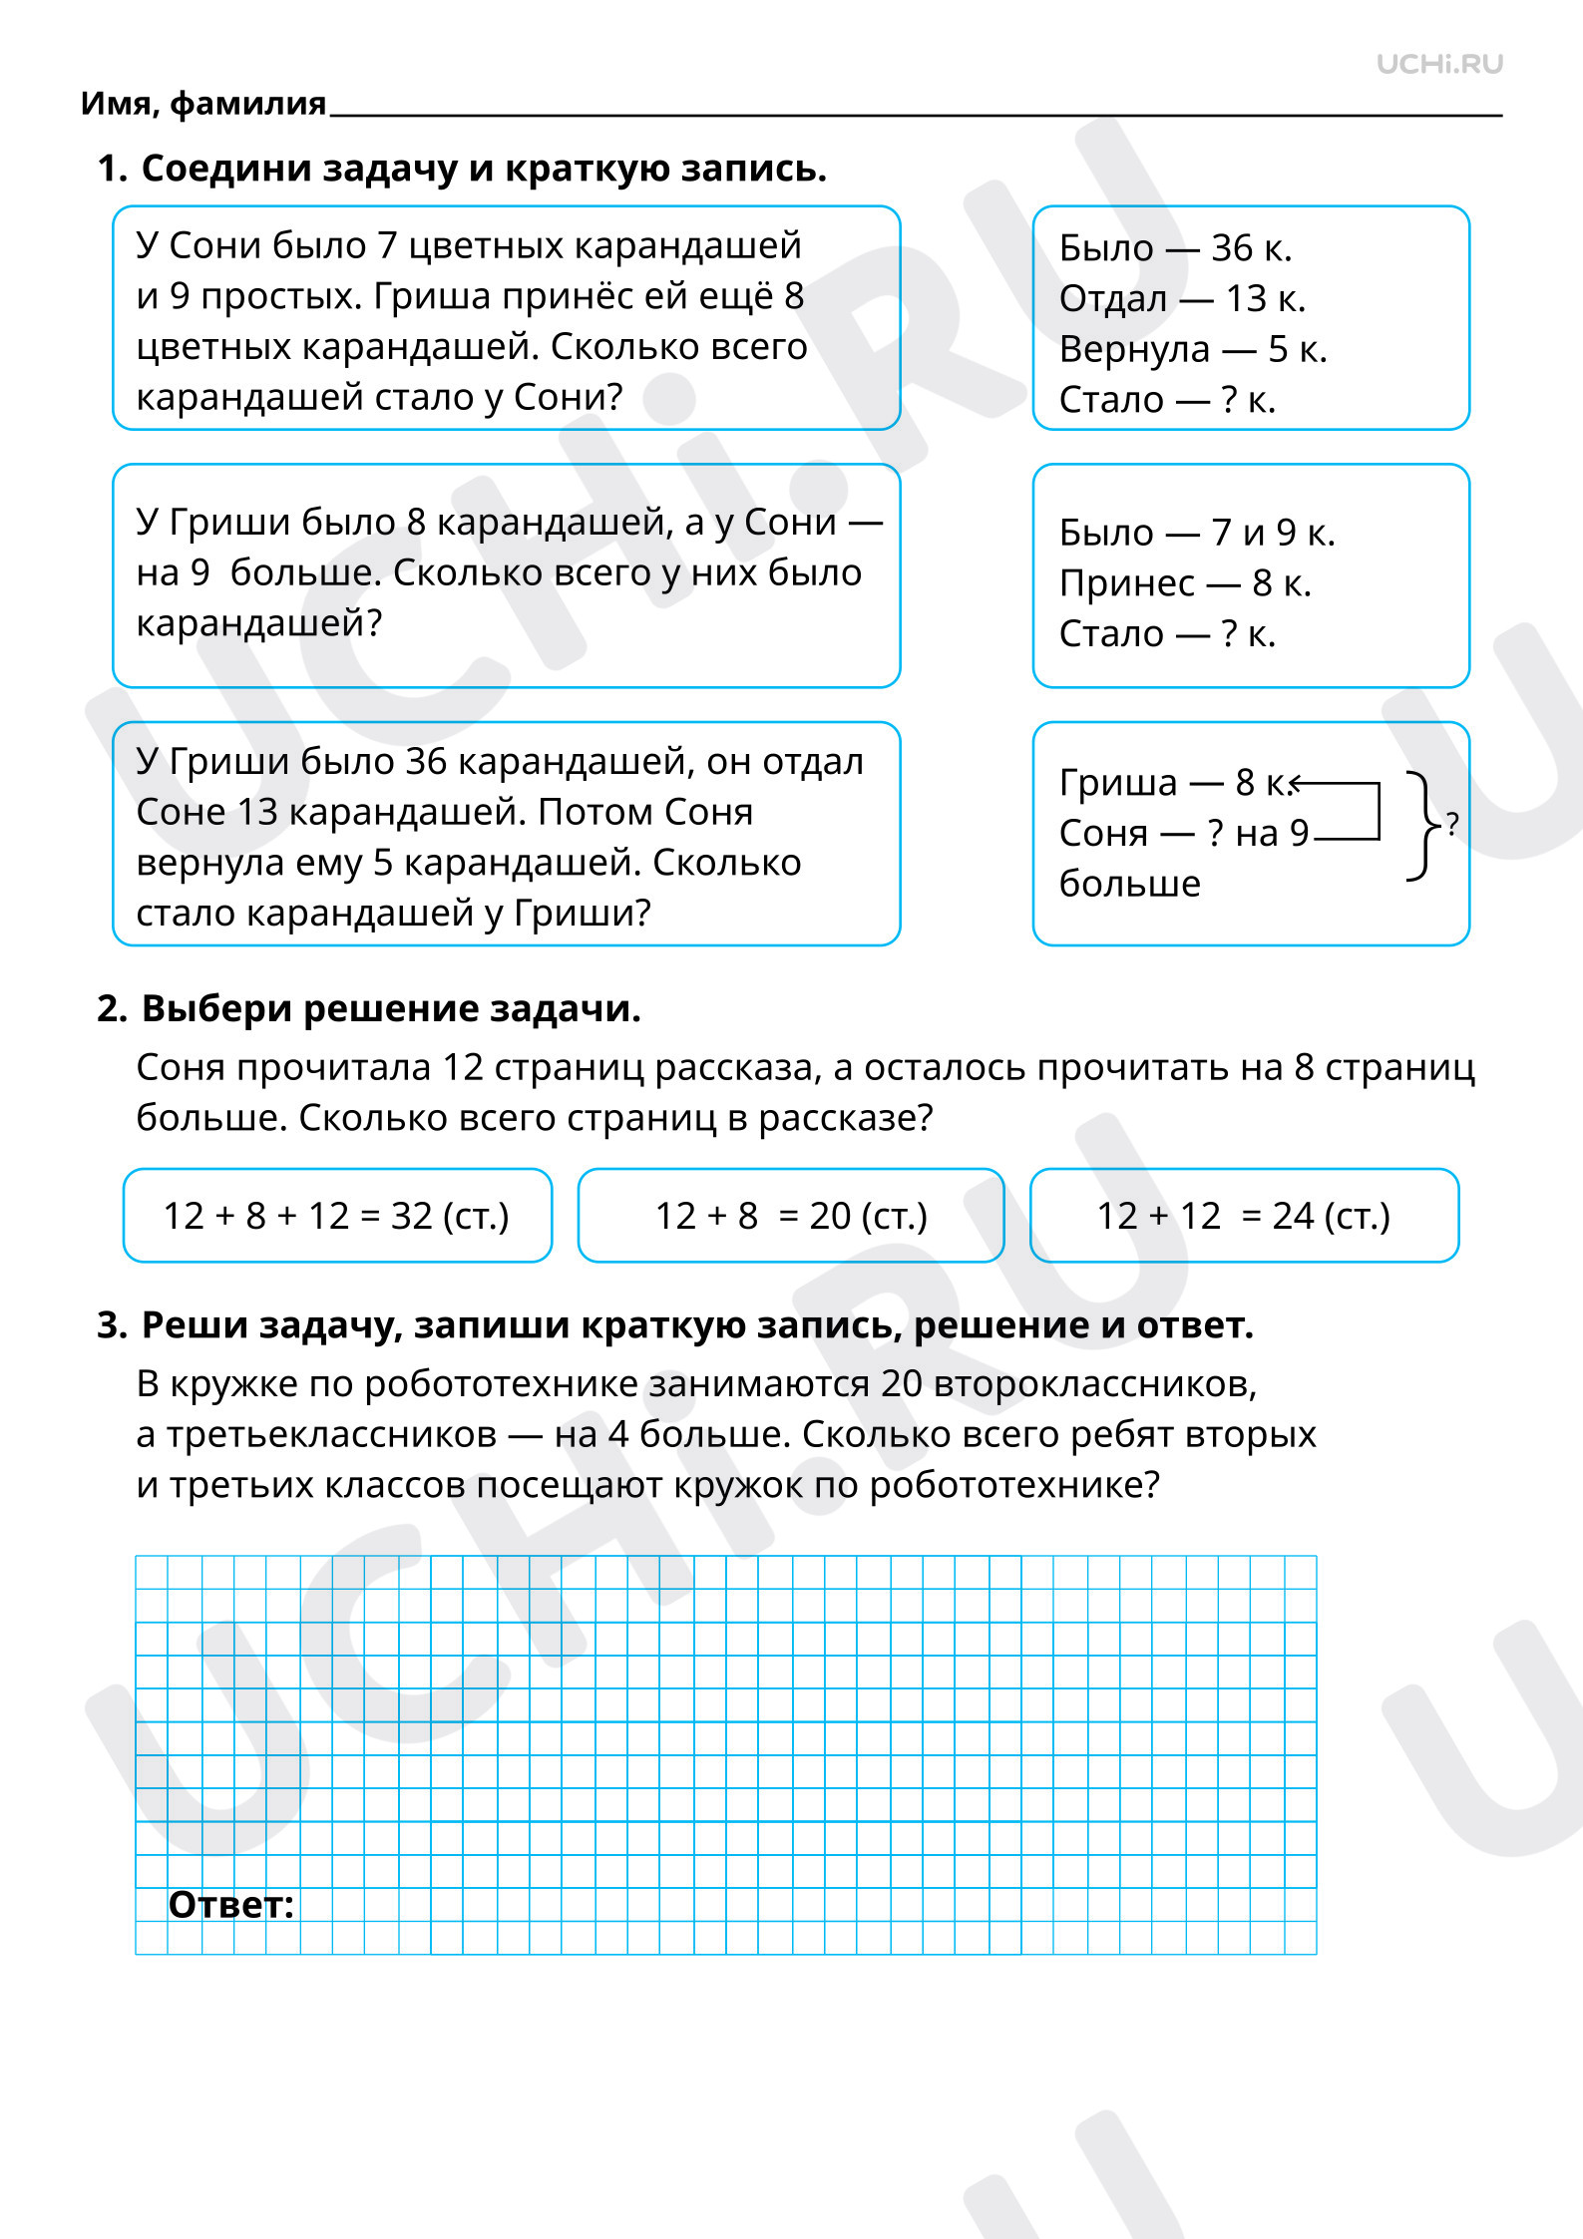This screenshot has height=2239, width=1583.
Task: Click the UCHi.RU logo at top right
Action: pos(1438,65)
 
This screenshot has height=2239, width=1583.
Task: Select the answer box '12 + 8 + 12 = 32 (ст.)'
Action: pos(337,1216)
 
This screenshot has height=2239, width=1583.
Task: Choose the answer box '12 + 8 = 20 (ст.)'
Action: pos(791,1216)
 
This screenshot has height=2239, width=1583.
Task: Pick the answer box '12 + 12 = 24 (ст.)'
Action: pos(1244,1216)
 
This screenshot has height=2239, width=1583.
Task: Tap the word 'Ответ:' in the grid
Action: pos(231,1905)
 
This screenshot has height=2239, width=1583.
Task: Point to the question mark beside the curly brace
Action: pos(1452,824)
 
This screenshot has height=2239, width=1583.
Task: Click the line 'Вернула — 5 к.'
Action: pos(1193,349)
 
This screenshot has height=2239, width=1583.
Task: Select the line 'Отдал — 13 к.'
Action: pos(1182,298)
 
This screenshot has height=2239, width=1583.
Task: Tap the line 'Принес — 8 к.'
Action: pos(1185,583)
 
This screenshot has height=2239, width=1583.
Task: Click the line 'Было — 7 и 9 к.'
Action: pos(1197,533)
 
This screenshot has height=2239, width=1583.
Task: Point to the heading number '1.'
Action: pos(113,169)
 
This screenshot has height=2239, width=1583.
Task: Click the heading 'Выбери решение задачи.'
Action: pos(391,1008)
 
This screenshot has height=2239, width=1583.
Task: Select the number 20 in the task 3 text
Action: pos(902,1384)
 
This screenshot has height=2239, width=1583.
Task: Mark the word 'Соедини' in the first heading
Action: pos(215,169)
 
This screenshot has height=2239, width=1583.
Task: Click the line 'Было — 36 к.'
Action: pos(1175,248)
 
